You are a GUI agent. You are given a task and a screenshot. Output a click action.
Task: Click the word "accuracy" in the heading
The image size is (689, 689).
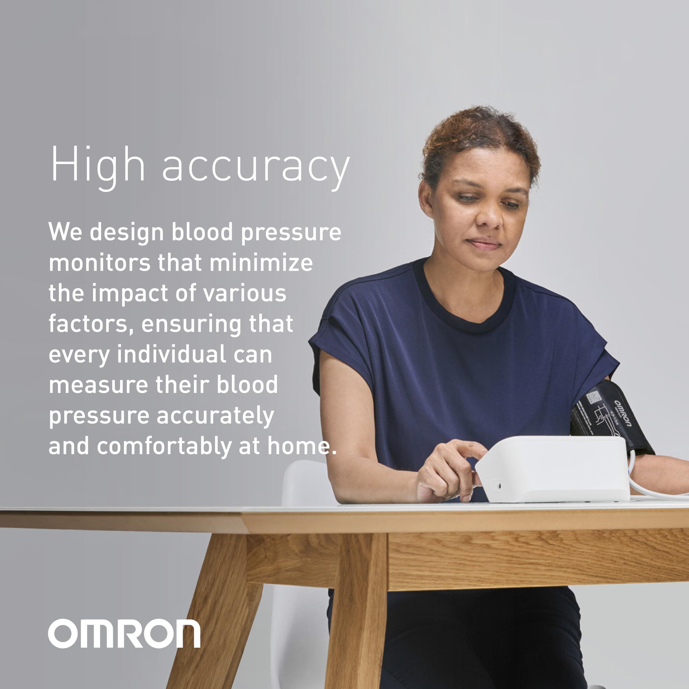256,168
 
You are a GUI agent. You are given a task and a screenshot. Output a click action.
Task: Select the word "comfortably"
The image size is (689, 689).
164,447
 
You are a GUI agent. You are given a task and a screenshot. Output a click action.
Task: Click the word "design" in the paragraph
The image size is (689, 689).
126,233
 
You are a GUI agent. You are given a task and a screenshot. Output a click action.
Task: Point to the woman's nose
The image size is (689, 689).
488,217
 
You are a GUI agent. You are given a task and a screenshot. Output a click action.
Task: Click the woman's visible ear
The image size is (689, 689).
426,198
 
